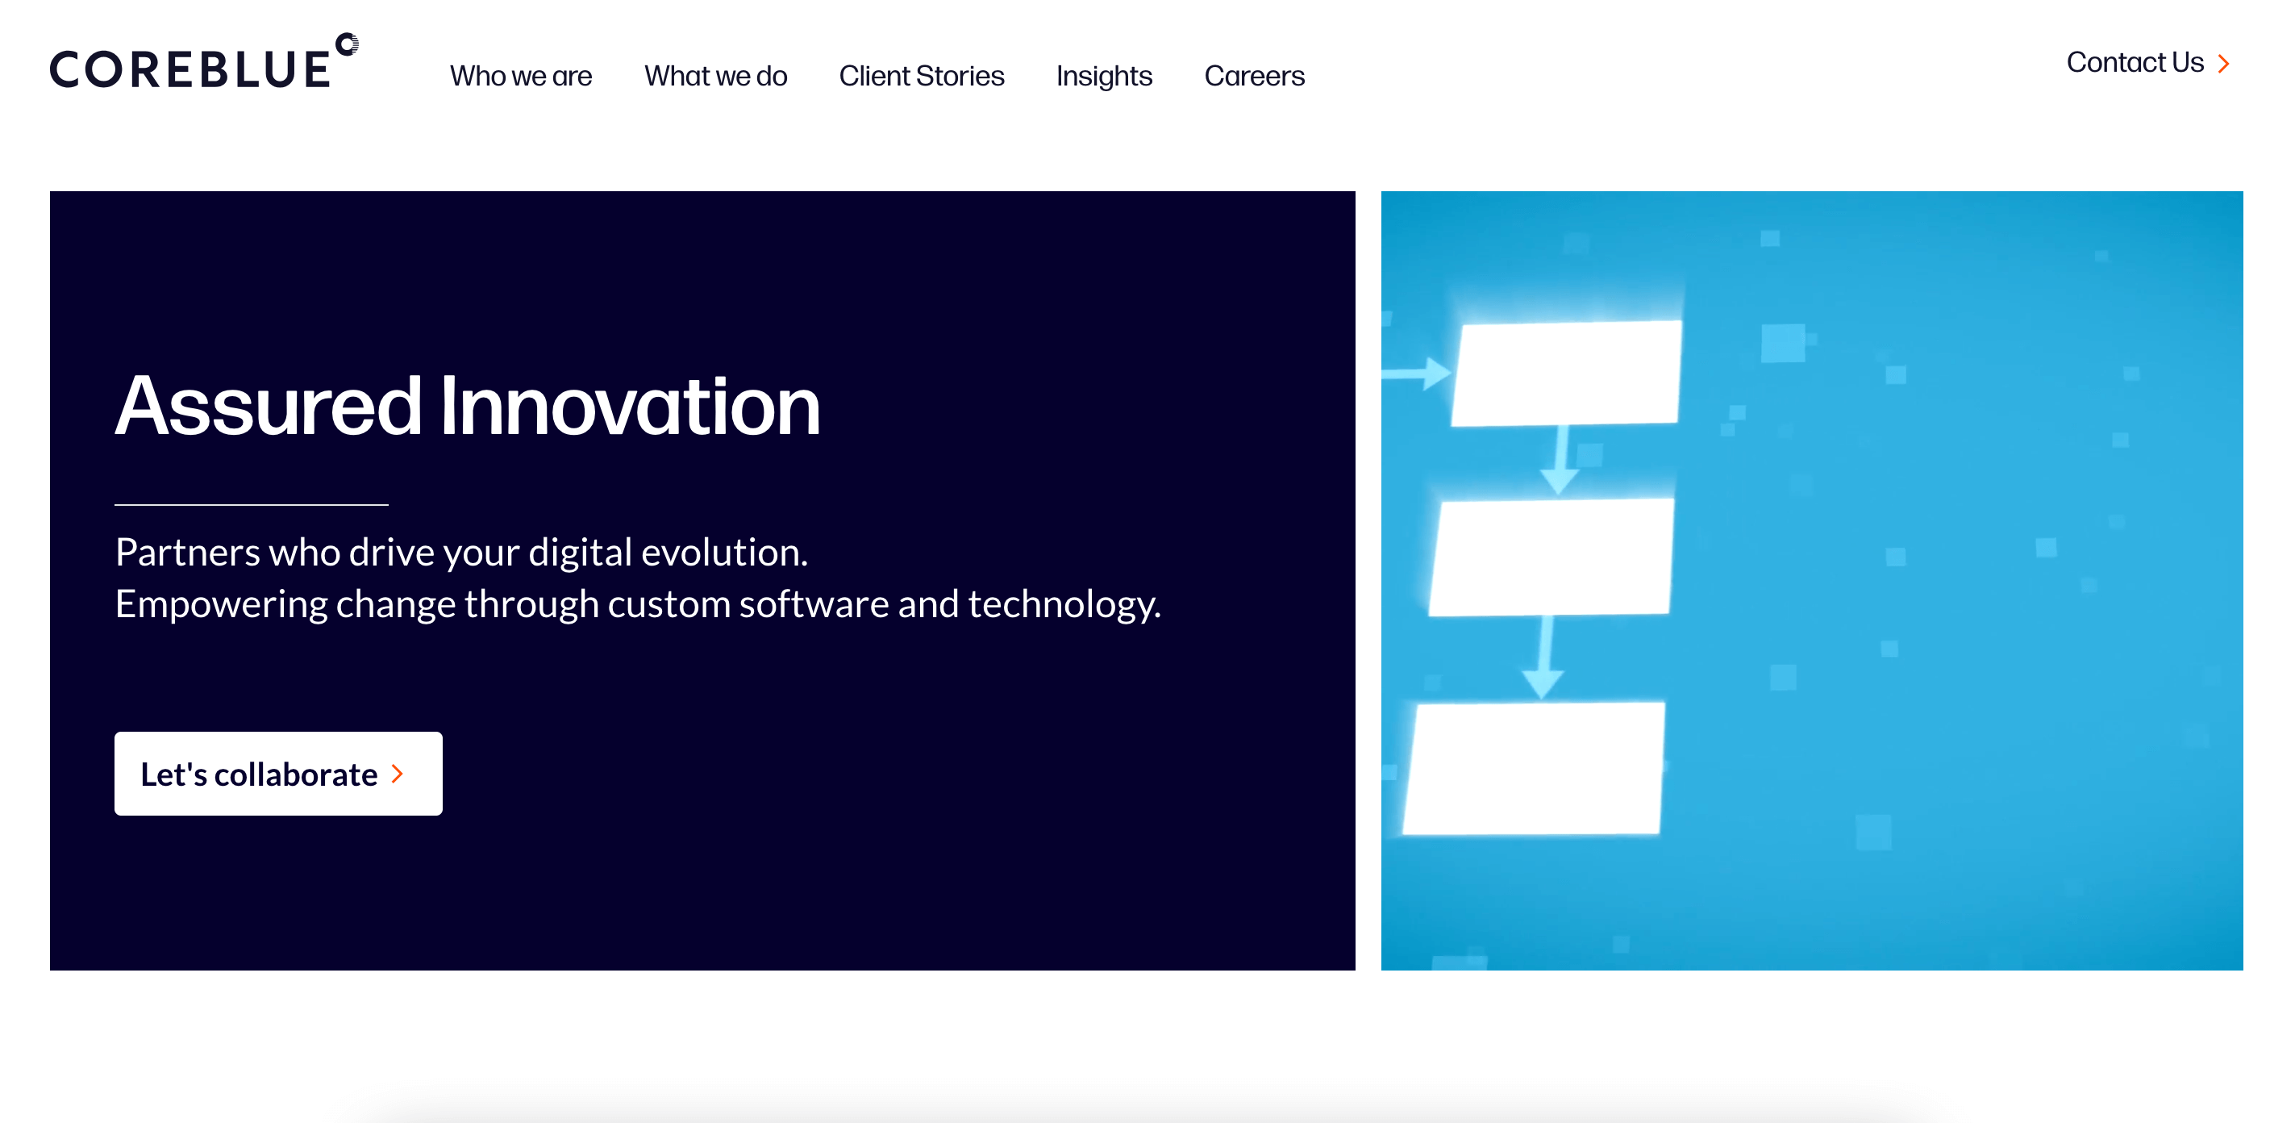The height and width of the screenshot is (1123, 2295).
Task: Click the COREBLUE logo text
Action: pyautogui.click(x=190, y=69)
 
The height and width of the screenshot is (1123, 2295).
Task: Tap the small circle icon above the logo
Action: pyautogui.click(x=348, y=44)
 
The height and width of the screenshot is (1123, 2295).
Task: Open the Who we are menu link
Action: pyautogui.click(x=521, y=76)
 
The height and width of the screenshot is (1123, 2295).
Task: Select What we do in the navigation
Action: pyautogui.click(x=715, y=76)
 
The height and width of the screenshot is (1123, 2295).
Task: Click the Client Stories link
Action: pyautogui.click(x=921, y=76)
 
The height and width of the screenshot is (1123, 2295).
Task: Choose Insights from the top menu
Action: pyautogui.click(x=1104, y=77)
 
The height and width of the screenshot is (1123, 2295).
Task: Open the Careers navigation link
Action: pyautogui.click(x=1255, y=76)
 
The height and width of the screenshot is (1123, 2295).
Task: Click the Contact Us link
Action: pyautogui.click(x=2135, y=62)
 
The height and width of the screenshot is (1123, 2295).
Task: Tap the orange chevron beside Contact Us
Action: pyautogui.click(x=2224, y=63)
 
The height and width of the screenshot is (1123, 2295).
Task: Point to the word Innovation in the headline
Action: pyautogui.click(x=631, y=406)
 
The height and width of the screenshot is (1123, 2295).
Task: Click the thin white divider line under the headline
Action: pyautogui.click(x=252, y=504)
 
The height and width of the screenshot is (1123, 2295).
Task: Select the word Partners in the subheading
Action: pyautogui.click(x=188, y=552)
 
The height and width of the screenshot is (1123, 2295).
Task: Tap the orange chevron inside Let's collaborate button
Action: pyautogui.click(x=398, y=774)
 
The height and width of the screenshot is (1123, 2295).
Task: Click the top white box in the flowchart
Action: pyautogui.click(x=1567, y=373)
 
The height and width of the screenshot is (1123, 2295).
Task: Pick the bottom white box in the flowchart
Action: pyautogui.click(x=1534, y=768)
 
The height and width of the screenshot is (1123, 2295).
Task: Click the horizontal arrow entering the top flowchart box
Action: pyautogui.click(x=1417, y=374)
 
